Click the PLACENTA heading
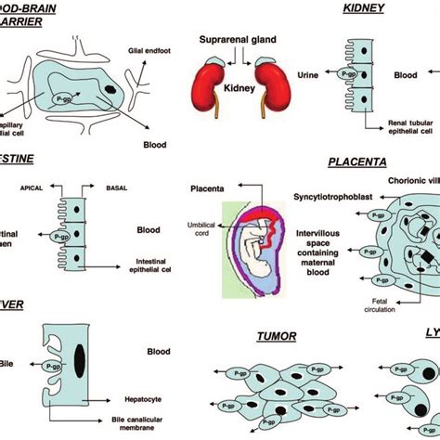pyautogui.click(x=357, y=162)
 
